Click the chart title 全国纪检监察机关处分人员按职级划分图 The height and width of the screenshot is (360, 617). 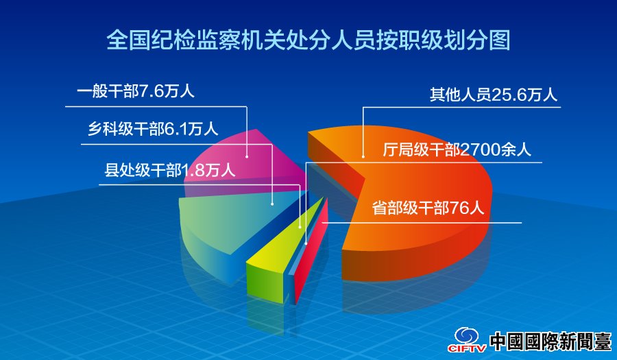[308, 40]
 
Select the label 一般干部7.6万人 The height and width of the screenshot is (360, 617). [136, 92]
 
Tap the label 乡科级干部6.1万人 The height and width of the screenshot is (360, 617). [153, 129]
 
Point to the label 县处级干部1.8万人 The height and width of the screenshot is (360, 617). [170, 170]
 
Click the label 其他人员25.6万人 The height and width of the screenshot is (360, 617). [494, 95]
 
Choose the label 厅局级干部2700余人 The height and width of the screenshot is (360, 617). [457, 149]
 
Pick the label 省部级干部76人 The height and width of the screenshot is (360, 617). [428, 208]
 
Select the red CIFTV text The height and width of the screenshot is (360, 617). [467, 348]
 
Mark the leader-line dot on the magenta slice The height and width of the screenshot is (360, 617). [247, 156]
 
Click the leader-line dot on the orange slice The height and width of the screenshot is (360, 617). [363, 156]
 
